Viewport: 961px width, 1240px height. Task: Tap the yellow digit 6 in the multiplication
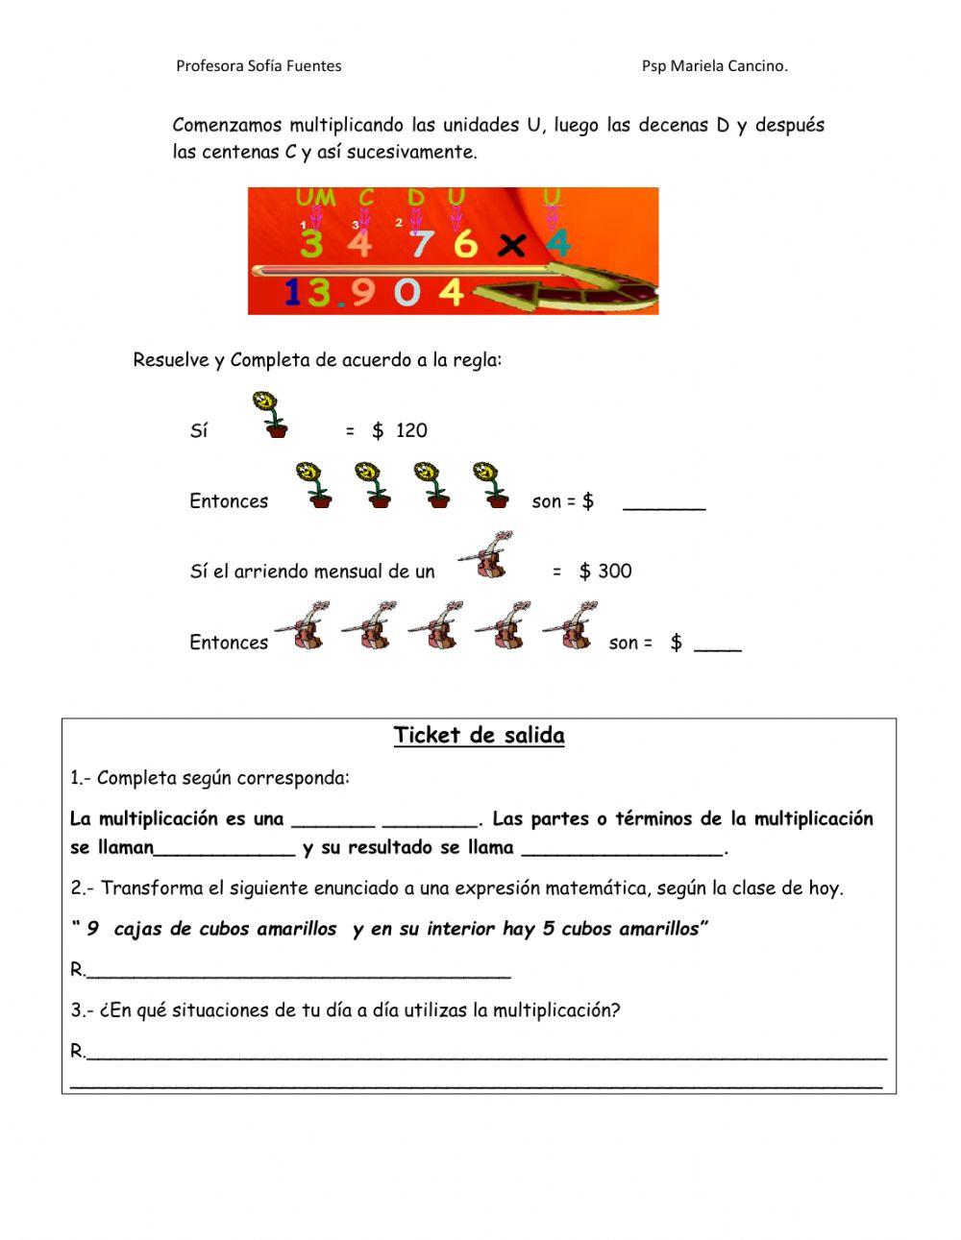(x=465, y=244)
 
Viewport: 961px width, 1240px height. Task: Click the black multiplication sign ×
(x=513, y=247)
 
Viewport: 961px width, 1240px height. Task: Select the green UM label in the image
(x=315, y=198)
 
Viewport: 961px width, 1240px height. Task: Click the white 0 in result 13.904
(x=407, y=292)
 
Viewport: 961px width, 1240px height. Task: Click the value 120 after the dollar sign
(x=411, y=430)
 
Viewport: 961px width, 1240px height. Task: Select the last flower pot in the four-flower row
(x=492, y=484)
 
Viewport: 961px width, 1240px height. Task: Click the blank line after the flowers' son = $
(x=664, y=504)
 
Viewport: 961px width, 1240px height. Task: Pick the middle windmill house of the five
(x=436, y=626)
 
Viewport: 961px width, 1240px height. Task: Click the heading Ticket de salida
(x=479, y=736)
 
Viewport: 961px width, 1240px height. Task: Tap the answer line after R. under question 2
(x=298, y=973)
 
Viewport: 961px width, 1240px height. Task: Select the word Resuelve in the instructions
(x=170, y=360)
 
